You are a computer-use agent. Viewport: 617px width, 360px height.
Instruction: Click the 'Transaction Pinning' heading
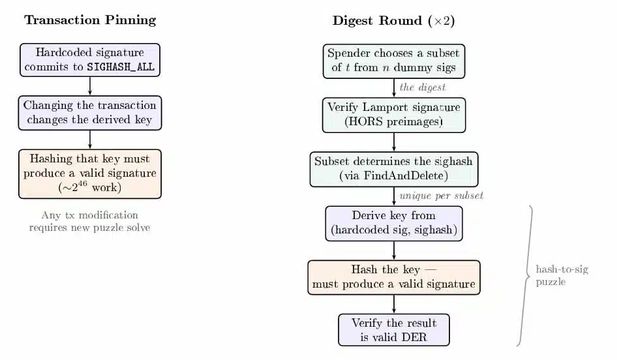[90, 20]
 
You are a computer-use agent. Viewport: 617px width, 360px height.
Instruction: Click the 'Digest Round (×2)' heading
[393, 21]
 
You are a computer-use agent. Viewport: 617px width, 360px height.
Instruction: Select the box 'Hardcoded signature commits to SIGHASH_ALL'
[90, 59]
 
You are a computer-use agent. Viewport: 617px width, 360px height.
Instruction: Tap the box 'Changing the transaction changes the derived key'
[90, 112]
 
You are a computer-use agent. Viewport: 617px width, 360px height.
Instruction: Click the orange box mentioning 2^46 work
[90, 173]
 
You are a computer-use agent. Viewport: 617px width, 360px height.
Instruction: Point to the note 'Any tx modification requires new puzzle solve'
[90, 222]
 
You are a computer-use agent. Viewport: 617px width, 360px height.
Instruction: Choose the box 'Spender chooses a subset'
[393, 61]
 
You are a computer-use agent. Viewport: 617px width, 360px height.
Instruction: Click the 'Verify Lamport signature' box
[393, 115]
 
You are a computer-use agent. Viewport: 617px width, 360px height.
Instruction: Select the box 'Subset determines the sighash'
[393, 168]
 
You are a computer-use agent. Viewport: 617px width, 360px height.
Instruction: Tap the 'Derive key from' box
[393, 223]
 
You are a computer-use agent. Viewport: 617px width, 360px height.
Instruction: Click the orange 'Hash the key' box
[393, 277]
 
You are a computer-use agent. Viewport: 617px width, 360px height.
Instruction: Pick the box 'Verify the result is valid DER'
[393, 330]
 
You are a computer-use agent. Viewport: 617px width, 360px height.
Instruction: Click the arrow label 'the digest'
[422, 87]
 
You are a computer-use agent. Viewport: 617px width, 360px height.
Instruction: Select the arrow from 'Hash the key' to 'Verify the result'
[394, 304]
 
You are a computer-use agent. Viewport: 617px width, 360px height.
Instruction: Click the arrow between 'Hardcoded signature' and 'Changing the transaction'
[90, 85]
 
